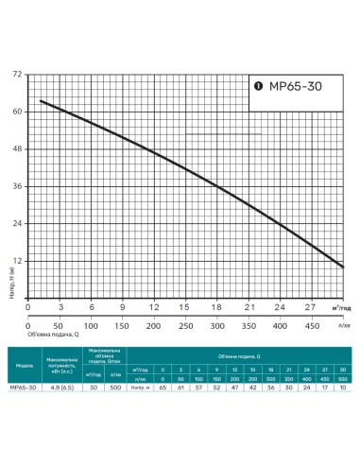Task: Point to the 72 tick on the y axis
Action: point(18,74)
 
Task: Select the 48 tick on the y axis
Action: point(18,148)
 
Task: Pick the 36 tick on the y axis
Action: point(18,186)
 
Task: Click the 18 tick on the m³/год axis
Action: point(216,307)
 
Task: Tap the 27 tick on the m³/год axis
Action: point(310,307)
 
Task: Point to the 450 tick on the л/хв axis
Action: point(310,326)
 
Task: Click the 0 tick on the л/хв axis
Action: point(29,326)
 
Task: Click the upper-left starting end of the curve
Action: point(40,100)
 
